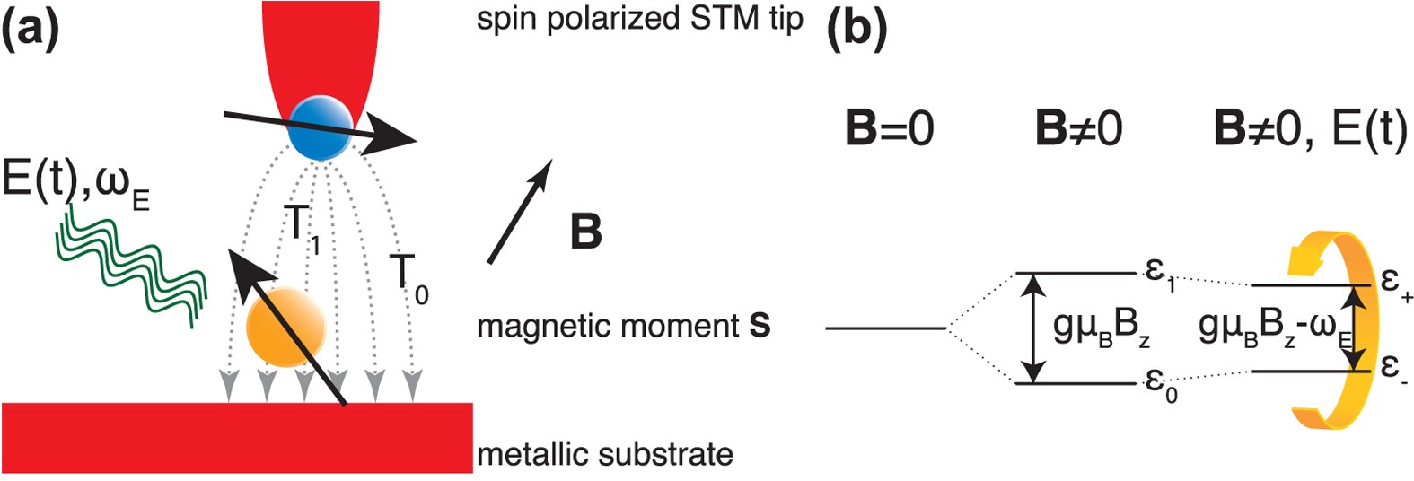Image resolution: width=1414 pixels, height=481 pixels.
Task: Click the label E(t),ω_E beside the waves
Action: [x=75, y=188]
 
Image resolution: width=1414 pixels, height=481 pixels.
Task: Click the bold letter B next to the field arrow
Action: [x=585, y=232]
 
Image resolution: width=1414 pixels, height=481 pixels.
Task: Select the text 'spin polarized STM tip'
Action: [x=639, y=19]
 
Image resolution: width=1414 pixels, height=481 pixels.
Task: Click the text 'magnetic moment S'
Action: [x=623, y=326]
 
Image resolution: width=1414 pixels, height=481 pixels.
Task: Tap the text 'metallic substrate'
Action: [x=604, y=454]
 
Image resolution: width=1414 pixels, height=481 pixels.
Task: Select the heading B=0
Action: [x=889, y=129]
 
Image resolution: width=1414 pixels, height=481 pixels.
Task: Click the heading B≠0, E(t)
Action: [x=1310, y=129]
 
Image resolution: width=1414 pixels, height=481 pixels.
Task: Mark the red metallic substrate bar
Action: [x=237, y=437]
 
